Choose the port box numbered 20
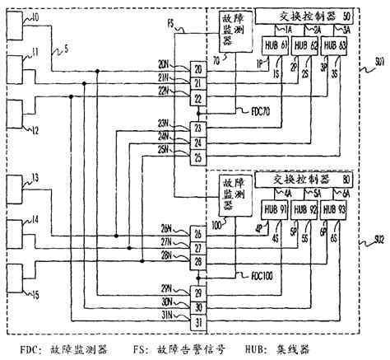tap(197, 71)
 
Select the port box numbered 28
tap(197, 261)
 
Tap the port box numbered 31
tap(197, 320)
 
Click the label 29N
tap(167, 286)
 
